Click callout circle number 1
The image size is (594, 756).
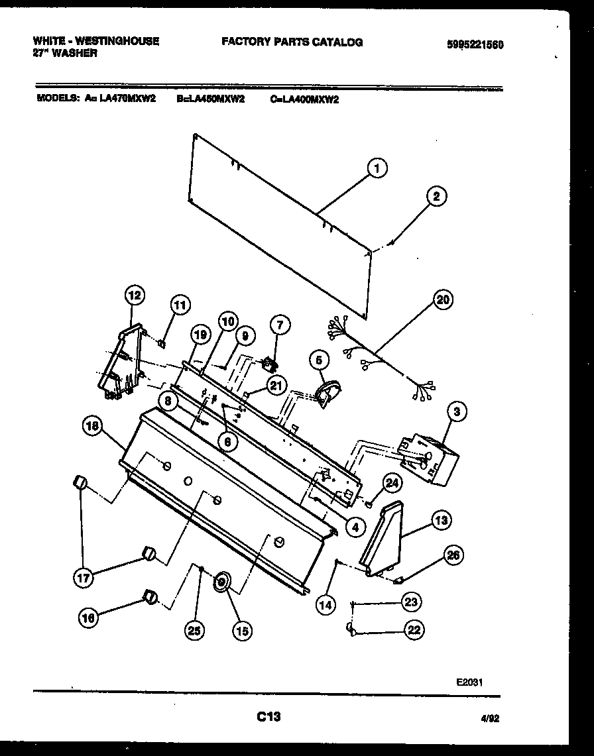pyautogui.click(x=376, y=170)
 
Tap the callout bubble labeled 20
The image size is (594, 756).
pyautogui.click(x=442, y=300)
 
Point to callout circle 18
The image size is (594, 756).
pyautogui.click(x=93, y=427)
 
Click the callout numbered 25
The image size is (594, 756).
pyautogui.click(x=194, y=631)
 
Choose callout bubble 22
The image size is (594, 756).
pyautogui.click(x=414, y=630)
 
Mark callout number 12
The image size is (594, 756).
pyautogui.click(x=135, y=295)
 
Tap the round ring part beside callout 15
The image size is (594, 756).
pyautogui.click(x=221, y=583)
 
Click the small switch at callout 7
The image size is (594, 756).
pyautogui.click(x=269, y=364)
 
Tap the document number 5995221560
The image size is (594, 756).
pyautogui.click(x=475, y=45)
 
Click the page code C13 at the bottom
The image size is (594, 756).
pyautogui.click(x=268, y=716)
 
